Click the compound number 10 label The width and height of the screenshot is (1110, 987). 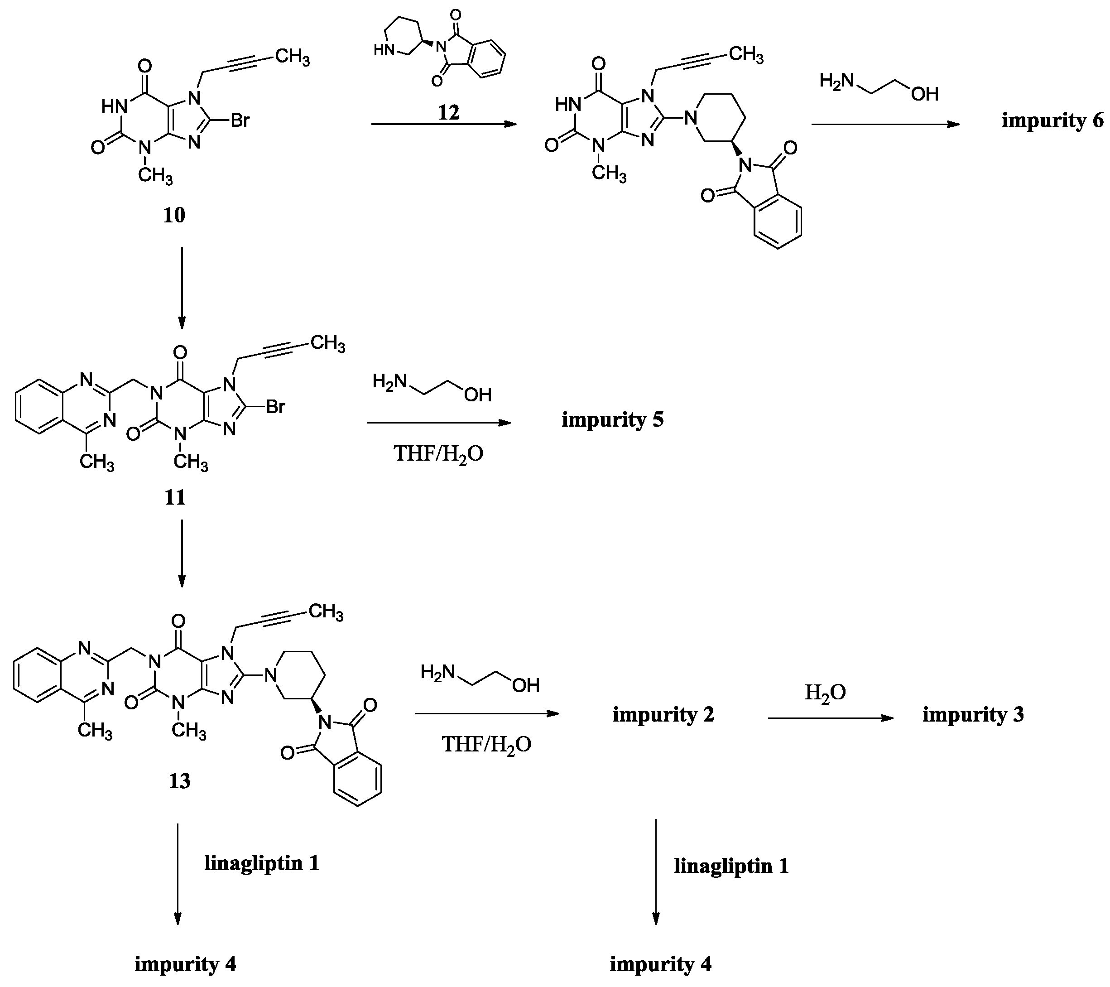pos(174,216)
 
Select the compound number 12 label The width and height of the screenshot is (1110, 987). pos(448,112)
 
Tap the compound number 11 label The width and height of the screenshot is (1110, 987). pos(175,497)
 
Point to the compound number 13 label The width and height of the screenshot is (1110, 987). pos(179,781)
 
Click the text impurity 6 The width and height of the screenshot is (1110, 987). pos(1052,120)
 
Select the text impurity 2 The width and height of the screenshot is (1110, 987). pos(663,714)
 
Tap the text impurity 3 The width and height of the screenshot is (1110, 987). pos(973,714)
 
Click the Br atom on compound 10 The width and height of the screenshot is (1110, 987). pos(240,120)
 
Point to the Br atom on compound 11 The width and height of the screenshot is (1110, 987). pos(275,406)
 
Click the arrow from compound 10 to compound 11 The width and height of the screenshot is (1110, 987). pos(182,288)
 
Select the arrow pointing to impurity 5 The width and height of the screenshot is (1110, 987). pos(439,423)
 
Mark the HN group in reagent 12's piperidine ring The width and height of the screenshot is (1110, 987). pos(382,51)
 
